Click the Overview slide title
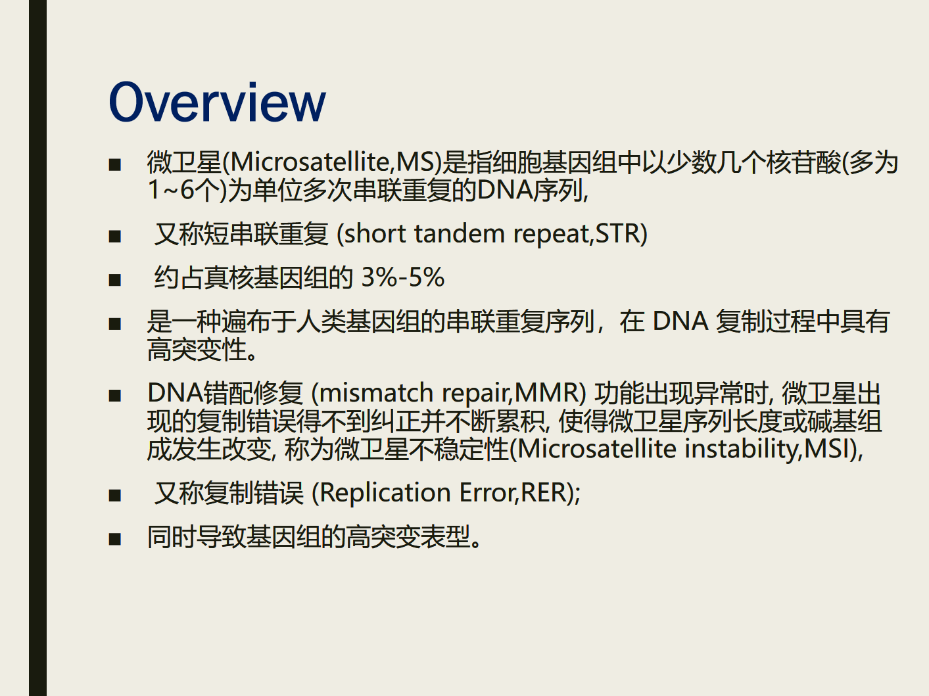coord(217,102)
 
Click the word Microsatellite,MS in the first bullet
coord(333,162)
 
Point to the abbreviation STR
coord(617,233)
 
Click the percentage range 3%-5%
coord(402,277)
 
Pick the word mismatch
coord(376,392)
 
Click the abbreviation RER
coord(544,492)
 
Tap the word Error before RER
coord(487,492)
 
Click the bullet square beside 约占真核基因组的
coord(114,280)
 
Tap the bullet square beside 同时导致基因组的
coord(114,539)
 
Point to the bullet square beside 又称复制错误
coord(114,495)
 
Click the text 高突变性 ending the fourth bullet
coord(197,350)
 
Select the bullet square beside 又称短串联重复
coord(114,236)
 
